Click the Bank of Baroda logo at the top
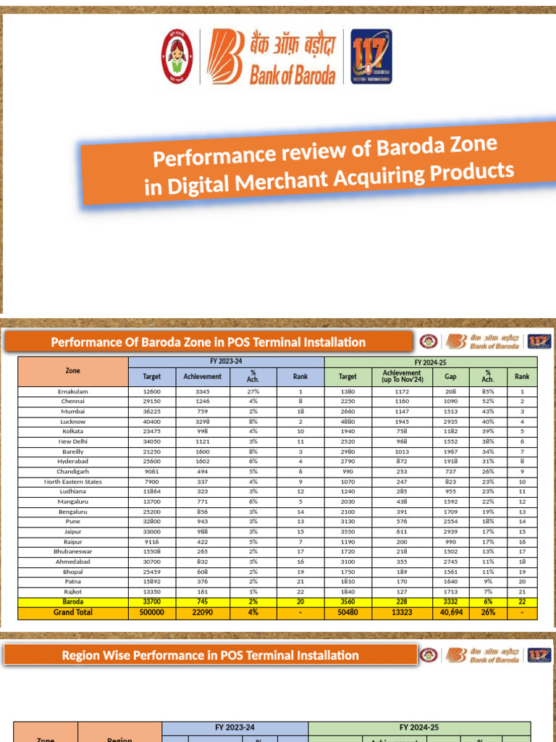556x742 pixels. coord(276,57)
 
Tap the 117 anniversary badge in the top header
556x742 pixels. coord(371,57)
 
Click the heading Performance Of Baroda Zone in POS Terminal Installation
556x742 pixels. coord(208,342)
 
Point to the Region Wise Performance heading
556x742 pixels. coord(211,655)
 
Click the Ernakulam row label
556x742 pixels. coord(72,391)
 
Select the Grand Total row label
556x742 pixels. coord(72,612)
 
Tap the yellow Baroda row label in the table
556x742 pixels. coord(72,601)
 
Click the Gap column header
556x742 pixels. coord(450,376)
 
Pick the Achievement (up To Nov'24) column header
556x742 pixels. coord(402,376)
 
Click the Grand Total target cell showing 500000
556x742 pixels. coord(151,612)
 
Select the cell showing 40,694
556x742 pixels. coord(450,612)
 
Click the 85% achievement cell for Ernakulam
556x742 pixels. coord(488,391)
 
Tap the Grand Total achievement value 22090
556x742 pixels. coord(202,612)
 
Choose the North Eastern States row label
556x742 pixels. coord(72,481)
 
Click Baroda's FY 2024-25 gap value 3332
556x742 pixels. coord(450,601)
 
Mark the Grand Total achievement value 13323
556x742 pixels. coord(402,612)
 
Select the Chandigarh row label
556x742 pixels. coord(72,471)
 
